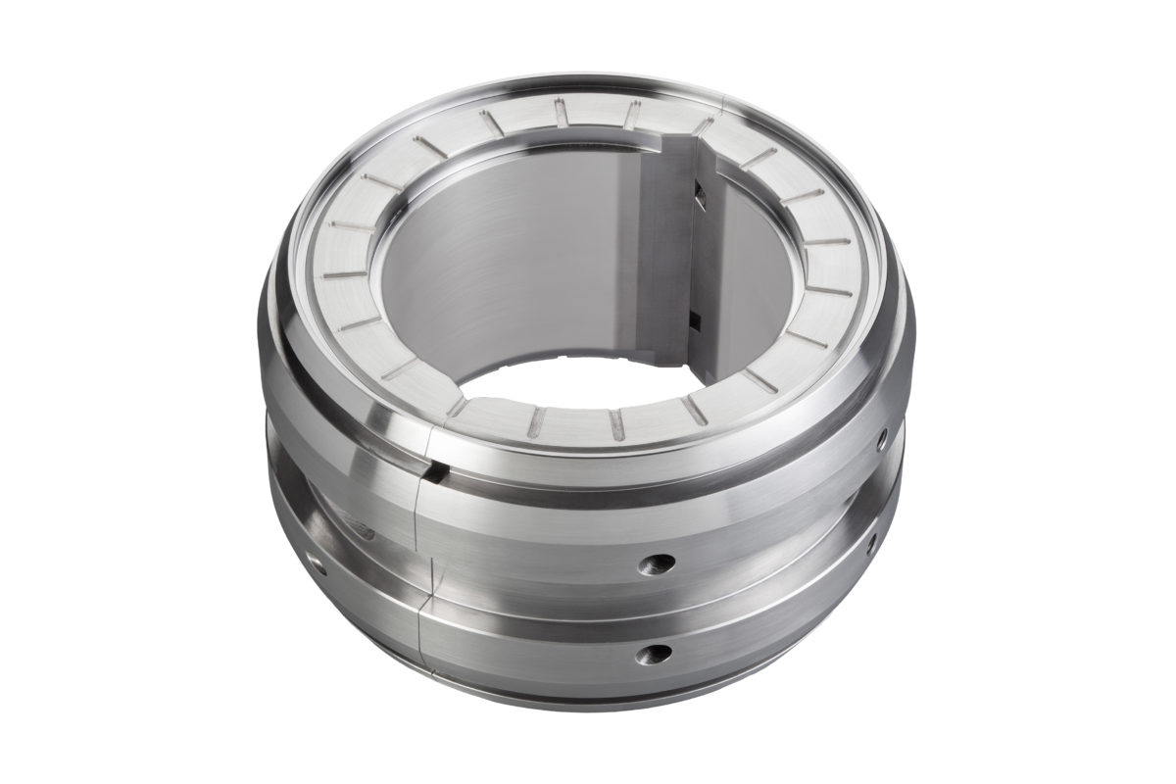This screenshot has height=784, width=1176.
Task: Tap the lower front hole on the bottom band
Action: (651, 653)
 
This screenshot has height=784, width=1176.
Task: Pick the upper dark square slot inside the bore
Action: (699, 195)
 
